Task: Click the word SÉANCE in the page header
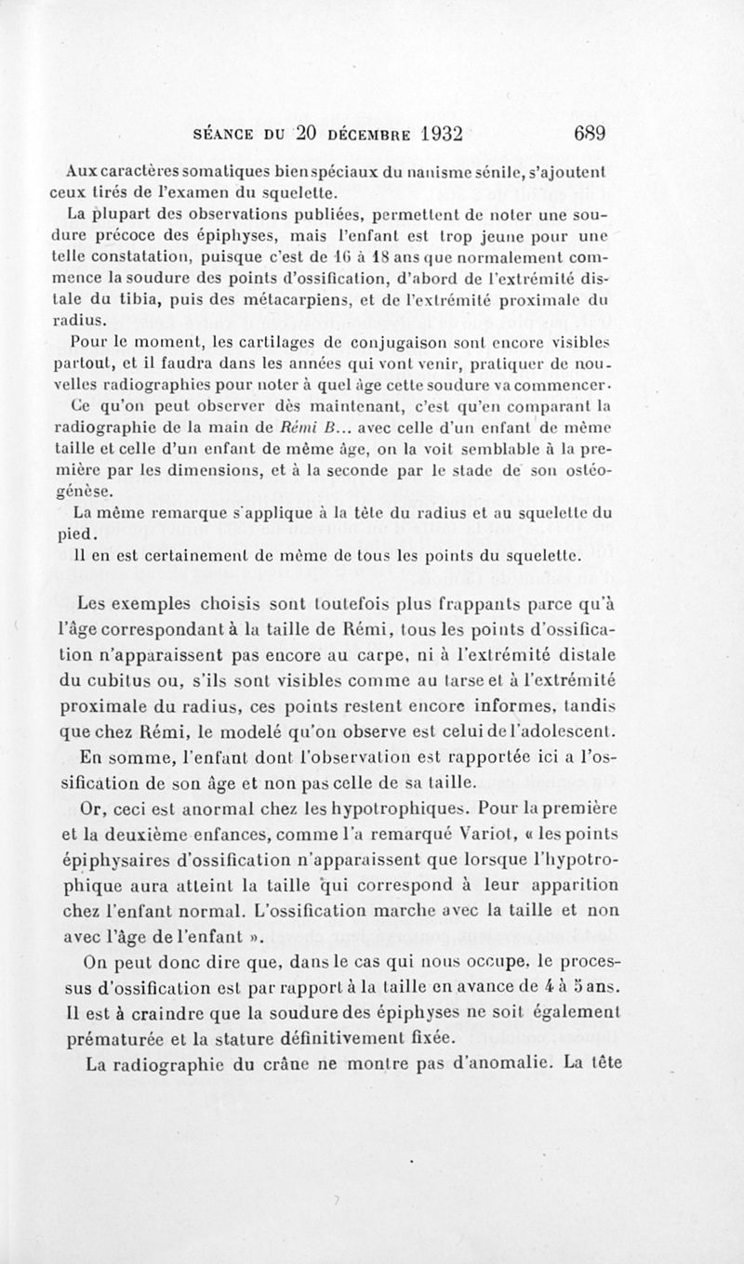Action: pos(227,132)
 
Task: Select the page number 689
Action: pos(590,132)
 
